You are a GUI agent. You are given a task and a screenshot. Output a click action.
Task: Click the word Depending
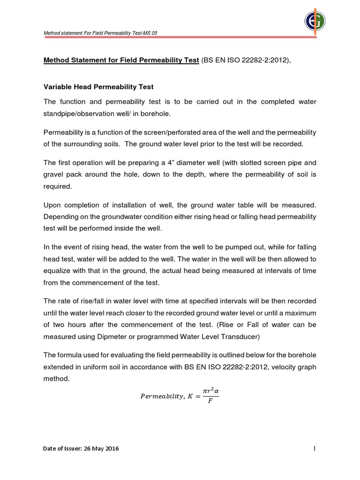[x=60, y=217]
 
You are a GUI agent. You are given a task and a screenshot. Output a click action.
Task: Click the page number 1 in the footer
[x=315, y=449]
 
